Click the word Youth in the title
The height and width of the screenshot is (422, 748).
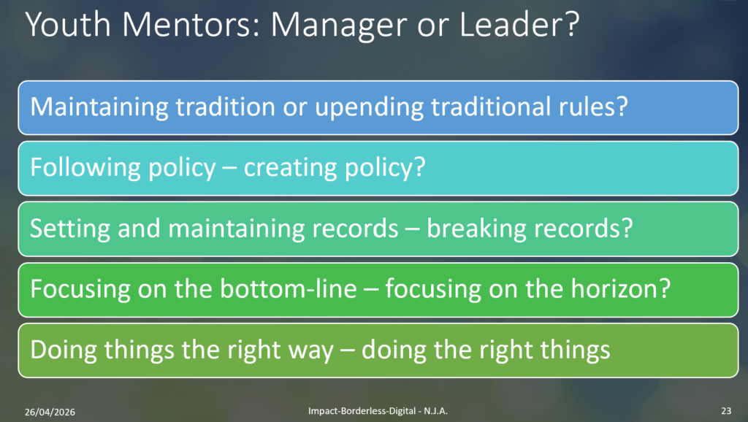(68, 24)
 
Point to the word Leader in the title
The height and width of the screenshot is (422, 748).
(514, 24)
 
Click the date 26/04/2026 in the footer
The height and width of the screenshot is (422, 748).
(50, 412)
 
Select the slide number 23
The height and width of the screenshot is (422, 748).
(726, 411)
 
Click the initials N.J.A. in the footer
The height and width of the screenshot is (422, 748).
(436, 411)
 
